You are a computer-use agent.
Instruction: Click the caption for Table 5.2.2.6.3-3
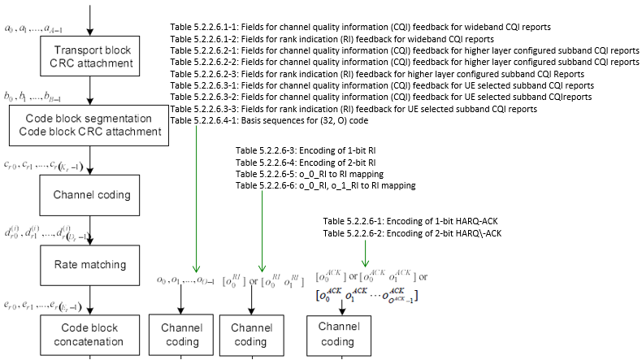pos(354,107)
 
